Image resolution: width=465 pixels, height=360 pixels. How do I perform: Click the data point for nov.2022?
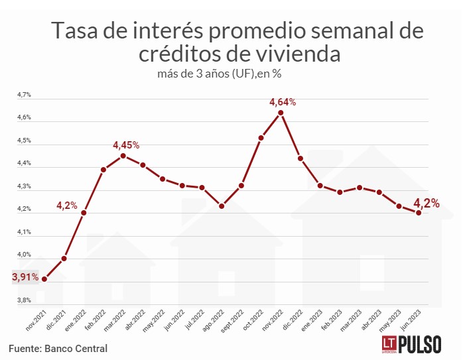coord(281,113)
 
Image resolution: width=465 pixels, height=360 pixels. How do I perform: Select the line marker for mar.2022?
coord(123,156)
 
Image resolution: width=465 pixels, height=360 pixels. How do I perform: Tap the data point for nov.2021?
coord(44,279)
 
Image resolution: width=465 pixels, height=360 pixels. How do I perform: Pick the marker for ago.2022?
coord(222,206)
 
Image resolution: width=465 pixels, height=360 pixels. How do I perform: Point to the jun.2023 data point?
coord(419,213)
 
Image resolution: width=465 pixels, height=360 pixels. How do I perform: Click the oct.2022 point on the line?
coord(261,138)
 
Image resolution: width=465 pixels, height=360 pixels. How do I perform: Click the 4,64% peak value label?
coord(282,101)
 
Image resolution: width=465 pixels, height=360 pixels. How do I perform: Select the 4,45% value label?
coord(126,145)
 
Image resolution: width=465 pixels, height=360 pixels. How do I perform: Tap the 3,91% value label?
coord(25,276)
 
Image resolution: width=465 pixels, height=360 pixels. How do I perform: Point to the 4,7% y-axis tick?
coord(25,95)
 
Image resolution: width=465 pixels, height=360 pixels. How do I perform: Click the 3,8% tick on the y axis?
coord(25,300)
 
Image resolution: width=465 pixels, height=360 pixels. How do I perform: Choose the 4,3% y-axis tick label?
coord(25,186)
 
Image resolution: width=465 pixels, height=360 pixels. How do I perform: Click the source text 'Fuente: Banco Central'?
coord(58,348)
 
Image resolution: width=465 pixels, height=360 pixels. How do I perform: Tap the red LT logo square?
coord(389,344)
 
